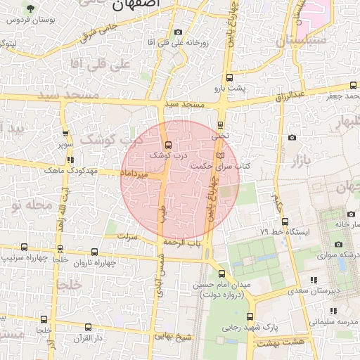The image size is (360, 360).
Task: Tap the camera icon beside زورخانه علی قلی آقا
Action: pyautogui.click(x=177, y=32)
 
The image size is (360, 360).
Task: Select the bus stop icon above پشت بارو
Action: pyautogui.click(x=228, y=78)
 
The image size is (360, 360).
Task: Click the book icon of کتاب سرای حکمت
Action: pyautogui.click(x=221, y=155)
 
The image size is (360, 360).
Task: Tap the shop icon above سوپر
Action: pyautogui.click(x=65, y=133)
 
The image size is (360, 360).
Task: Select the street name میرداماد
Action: pyautogui.click(x=133, y=172)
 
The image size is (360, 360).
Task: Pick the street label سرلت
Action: pyautogui.click(x=127, y=236)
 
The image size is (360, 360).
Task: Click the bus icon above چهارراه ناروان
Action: pyautogui.click(x=95, y=252)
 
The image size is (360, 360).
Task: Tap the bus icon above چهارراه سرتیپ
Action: pyautogui.click(x=25, y=247)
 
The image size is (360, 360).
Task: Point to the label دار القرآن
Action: pyautogui.click(x=89, y=340)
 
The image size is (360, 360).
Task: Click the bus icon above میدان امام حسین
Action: pyautogui.click(x=222, y=274)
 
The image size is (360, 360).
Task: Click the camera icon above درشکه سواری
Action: pyautogui.click(x=338, y=244)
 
